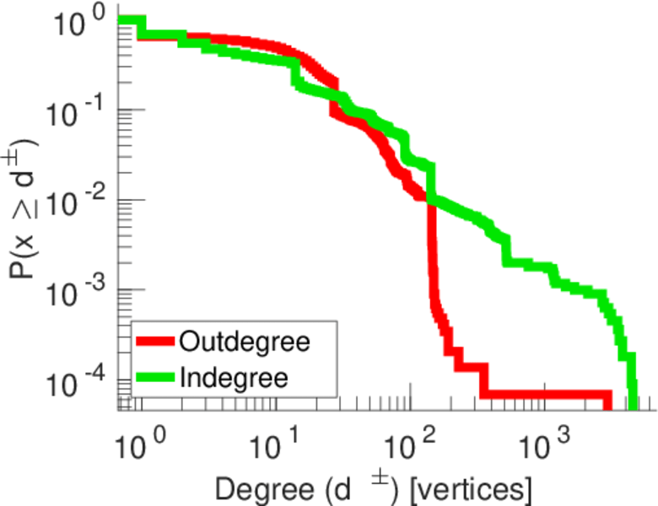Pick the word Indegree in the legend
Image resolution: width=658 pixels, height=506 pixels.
pos(234,377)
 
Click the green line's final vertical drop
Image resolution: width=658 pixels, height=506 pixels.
pos(631,371)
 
